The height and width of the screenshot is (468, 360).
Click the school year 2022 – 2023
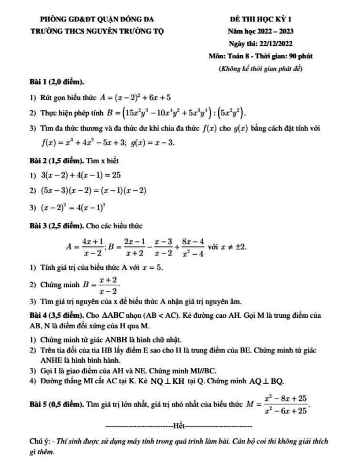272,31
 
